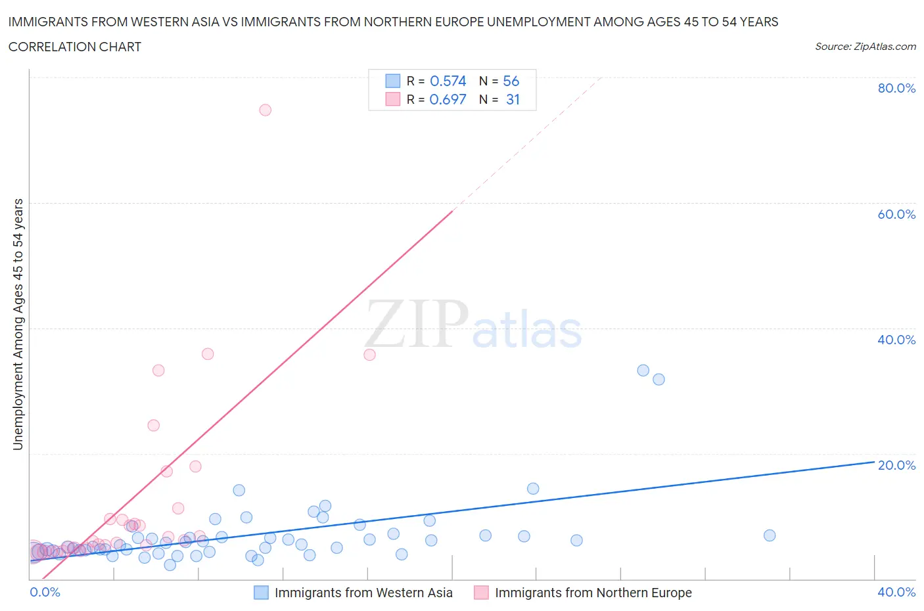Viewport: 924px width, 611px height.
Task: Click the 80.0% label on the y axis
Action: [896, 88]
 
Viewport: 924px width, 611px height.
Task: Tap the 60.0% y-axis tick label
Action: [896, 214]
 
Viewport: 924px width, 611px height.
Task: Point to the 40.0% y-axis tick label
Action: [896, 340]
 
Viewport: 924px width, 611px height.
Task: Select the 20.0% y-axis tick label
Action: [896, 465]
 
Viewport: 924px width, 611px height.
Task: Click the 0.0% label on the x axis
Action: [45, 592]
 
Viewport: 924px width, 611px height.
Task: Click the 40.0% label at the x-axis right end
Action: [896, 592]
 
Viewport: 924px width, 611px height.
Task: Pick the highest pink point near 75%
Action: [266, 110]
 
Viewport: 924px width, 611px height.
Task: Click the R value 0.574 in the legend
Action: [448, 81]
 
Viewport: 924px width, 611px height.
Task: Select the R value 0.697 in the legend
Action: [448, 99]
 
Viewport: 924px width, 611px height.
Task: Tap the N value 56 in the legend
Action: [511, 81]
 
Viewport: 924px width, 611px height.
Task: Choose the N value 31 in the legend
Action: [513, 99]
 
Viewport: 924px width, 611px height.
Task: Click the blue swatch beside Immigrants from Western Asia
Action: [261, 593]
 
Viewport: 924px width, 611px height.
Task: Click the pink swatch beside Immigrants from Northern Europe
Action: [481, 593]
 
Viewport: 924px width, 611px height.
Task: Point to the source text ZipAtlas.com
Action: [885, 47]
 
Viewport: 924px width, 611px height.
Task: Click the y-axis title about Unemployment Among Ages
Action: [18, 325]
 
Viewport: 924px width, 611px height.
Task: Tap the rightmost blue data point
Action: [770, 535]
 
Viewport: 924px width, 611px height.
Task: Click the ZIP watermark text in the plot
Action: [417, 325]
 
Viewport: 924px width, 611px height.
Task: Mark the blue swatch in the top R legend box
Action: [392, 81]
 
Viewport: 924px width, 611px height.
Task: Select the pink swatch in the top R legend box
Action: [392, 99]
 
